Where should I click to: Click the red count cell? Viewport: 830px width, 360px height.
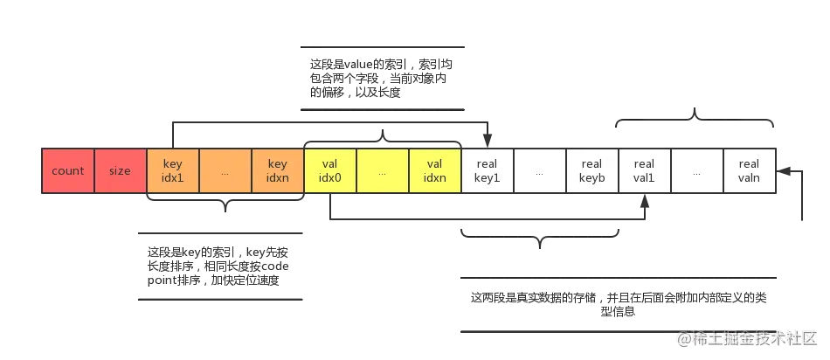(x=68, y=171)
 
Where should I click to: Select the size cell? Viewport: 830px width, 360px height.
(x=121, y=171)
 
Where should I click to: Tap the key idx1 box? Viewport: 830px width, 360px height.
(x=173, y=171)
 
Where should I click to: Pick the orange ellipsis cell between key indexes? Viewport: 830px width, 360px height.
(x=225, y=171)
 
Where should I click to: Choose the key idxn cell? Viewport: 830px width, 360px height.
(x=278, y=171)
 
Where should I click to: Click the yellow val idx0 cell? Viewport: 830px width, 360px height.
(x=330, y=171)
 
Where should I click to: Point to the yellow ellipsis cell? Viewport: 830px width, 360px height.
(x=383, y=171)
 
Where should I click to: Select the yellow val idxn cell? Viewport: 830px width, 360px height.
(x=435, y=171)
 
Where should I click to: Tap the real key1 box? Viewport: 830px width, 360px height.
(x=488, y=171)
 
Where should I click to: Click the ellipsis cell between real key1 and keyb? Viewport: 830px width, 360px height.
(x=540, y=171)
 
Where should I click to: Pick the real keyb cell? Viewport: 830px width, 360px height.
(x=592, y=171)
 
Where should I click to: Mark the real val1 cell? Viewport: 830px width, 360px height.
(x=645, y=171)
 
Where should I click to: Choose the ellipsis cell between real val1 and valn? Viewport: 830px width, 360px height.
(x=697, y=171)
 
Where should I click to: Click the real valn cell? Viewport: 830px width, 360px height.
(x=750, y=171)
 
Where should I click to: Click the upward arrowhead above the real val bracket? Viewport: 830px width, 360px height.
(x=695, y=110)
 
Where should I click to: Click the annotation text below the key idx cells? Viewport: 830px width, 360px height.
(x=220, y=266)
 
